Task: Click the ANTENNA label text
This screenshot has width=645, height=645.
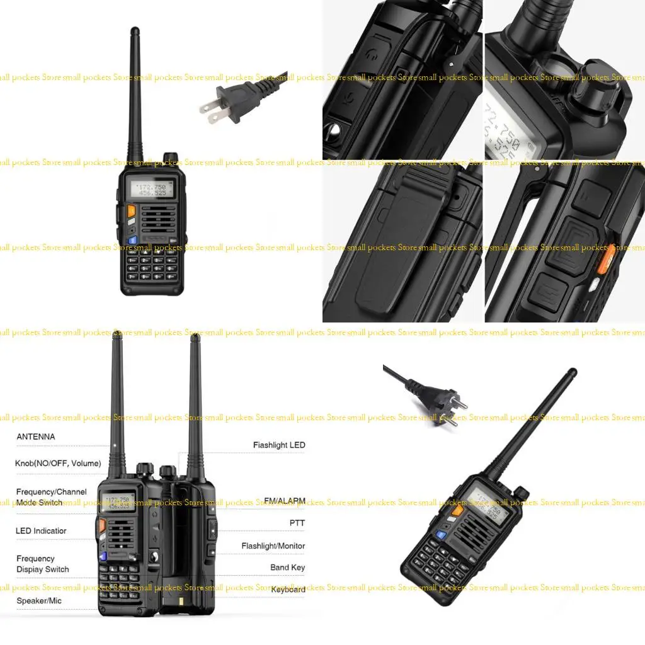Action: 36,437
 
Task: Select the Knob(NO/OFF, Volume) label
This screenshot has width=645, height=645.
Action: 58,464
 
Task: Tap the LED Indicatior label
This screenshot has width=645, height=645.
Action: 41,531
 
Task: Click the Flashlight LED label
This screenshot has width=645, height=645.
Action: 279,445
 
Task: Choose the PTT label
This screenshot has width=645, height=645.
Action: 297,523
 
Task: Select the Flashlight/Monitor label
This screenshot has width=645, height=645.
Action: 273,546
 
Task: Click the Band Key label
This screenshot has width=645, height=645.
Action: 287,568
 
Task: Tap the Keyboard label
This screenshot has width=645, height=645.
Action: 288,590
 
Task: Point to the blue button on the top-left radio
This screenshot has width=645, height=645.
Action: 133,239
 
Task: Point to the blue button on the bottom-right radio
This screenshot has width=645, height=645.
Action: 442,535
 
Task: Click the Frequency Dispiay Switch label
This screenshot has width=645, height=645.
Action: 42,564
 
